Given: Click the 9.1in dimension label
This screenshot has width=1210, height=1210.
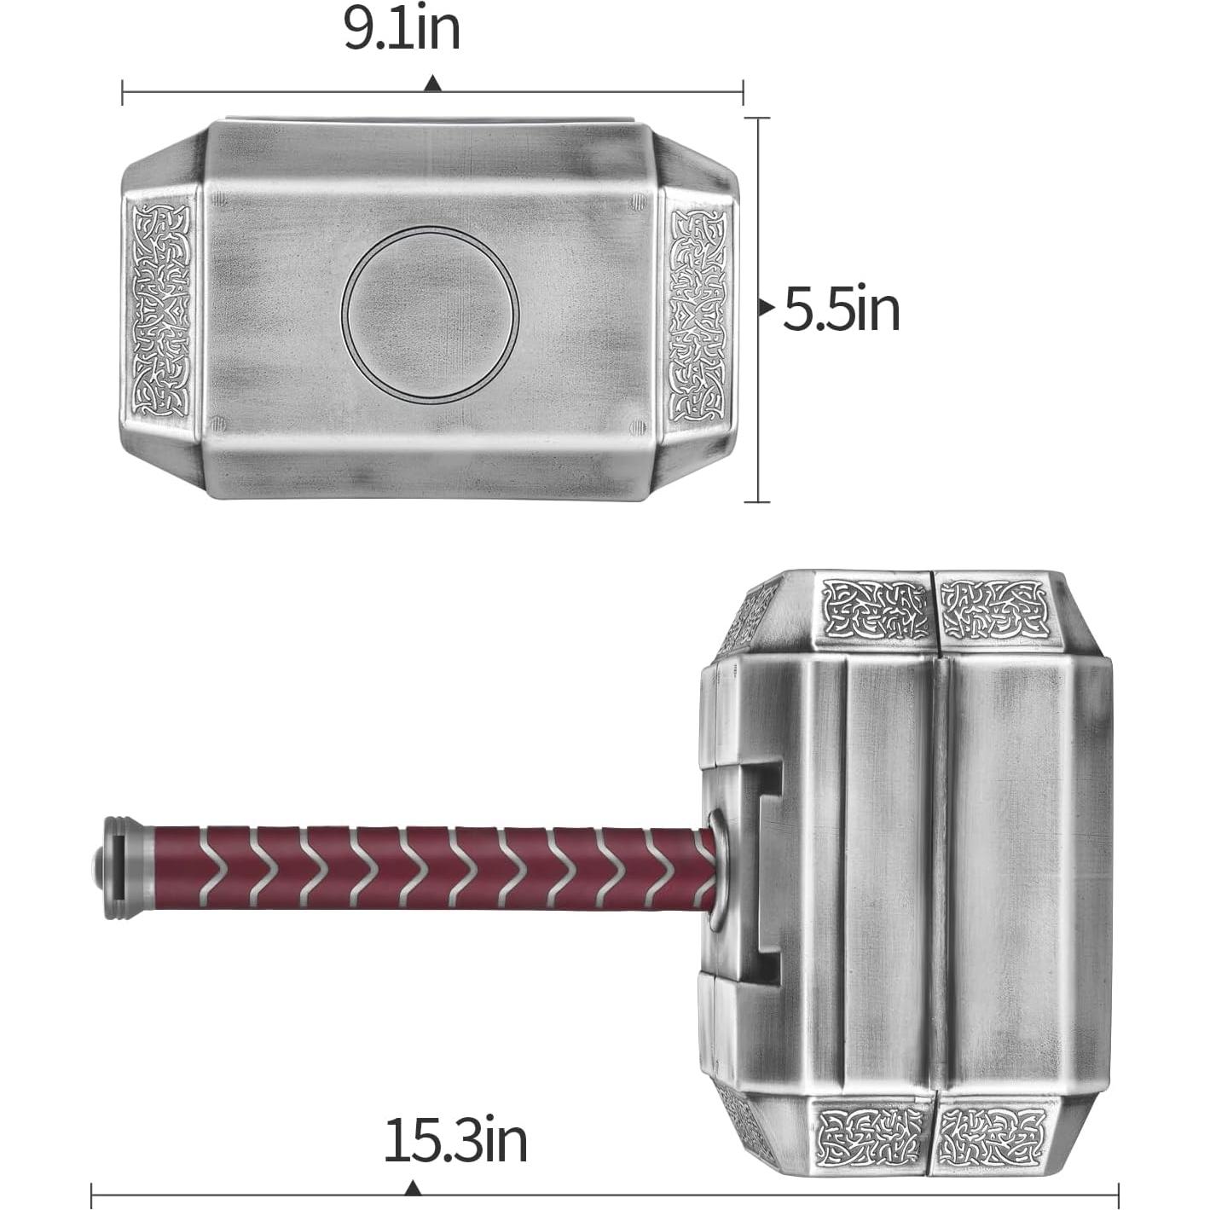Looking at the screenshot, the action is pos(402,29).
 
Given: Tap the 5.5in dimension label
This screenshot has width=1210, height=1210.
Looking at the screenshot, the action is pos(842,309).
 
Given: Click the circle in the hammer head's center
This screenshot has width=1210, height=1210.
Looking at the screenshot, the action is pos(430,314).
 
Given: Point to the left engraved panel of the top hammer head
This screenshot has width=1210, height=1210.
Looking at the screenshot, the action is pos(161,310).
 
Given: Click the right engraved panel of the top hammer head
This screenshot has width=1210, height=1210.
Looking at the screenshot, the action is pos(698,316).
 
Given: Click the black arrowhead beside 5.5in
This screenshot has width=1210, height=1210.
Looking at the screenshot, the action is pos(766,308).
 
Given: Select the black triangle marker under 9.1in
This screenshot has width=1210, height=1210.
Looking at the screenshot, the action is pos(432,84).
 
